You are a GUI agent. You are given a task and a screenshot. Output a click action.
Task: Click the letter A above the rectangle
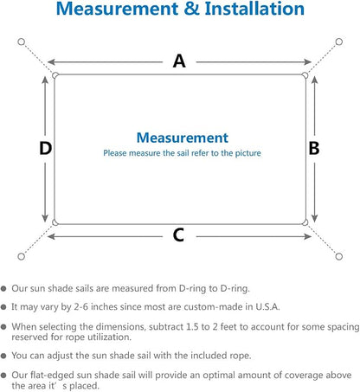pyautogui.click(x=179, y=61)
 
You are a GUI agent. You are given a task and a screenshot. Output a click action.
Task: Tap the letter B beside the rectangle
pyautogui.click(x=314, y=148)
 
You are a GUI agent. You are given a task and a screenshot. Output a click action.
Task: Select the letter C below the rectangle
pyautogui.click(x=178, y=235)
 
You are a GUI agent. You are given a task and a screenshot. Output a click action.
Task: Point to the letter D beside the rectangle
pyautogui.click(x=45, y=148)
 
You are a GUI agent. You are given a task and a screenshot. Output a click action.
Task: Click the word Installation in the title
pyautogui.click(x=254, y=9)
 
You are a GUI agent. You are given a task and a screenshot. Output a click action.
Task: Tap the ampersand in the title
pyautogui.click(x=191, y=9)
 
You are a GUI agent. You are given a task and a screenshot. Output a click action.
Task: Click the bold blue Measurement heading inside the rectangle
pyautogui.click(x=183, y=138)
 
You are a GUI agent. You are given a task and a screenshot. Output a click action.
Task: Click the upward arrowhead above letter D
pyautogui.click(x=45, y=80)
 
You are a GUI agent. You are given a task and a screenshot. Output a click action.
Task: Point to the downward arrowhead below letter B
pyautogui.click(x=315, y=218)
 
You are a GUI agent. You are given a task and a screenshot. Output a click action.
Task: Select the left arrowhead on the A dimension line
pyautogui.click(x=51, y=61)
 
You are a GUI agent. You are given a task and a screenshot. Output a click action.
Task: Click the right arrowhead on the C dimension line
pyautogui.click(x=307, y=236)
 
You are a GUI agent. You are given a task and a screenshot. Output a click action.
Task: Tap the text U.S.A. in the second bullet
pyautogui.click(x=267, y=306)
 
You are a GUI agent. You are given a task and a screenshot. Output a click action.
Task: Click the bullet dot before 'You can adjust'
pyautogui.click(x=3, y=356)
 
